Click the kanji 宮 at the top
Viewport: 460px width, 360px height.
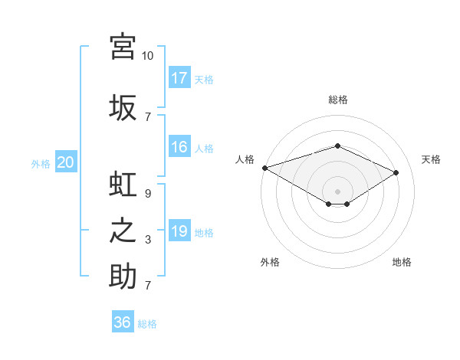[x=123, y=46]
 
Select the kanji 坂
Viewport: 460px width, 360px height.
[x=123, y=107]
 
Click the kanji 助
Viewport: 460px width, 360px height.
[x=123, y=277]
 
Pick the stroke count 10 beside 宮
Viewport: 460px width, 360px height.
[x=148, y=56]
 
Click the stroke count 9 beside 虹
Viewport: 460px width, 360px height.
[x=148, y=194]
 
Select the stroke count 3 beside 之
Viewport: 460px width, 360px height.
[x=148, y=240]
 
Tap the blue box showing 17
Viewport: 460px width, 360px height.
[x=179, y=77]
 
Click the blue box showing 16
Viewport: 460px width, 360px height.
[x=179, y=147]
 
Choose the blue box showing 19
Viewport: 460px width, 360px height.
[x=179, y=231]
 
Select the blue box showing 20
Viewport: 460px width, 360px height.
[x=66, y=162]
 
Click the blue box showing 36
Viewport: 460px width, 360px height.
[x=123, y=322]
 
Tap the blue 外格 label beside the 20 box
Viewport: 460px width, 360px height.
[x=41, y=163]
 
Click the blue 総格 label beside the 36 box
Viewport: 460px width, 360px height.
[x=147, y=324]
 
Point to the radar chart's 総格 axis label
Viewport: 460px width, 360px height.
[x=337, y=100]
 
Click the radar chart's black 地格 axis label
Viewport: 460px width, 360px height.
[x=402, y=262]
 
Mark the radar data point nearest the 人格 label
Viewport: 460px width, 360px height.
[x=264, y=168]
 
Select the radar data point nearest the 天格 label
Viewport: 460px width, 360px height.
[x=396, y=173]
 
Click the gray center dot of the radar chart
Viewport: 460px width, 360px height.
[x=337, y=190]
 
